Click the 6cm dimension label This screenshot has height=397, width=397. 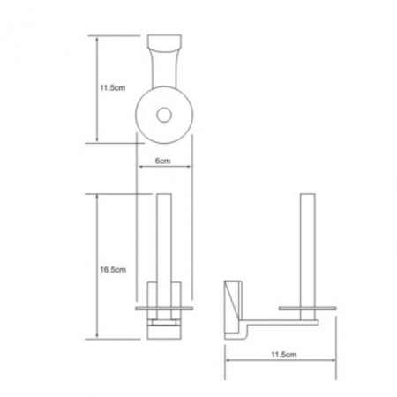click(162, 161)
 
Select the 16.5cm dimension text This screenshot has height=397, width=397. click(113, 269)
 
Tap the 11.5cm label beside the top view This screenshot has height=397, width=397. click(113, 87)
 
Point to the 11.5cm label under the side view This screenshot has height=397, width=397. click(283, 354)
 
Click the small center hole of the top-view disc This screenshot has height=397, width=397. click(164, 115)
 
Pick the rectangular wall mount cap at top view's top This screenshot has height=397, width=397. click(164, 43)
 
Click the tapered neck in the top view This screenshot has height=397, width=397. click(164, 70)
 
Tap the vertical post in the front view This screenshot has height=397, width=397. click(164, 257)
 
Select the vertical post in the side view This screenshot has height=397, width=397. click(308, 257)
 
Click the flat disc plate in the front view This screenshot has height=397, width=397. click(164, 308)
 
